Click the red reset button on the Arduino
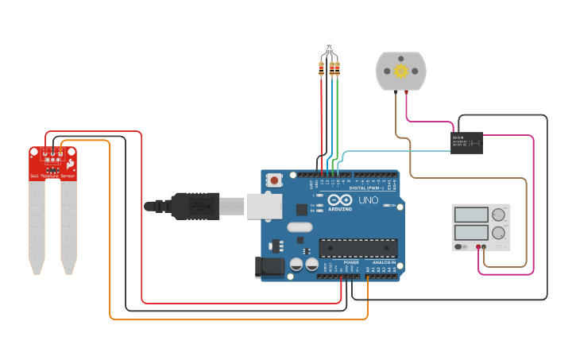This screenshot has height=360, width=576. (274, 180)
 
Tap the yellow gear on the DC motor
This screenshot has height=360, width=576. (400, 72)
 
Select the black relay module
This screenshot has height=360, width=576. (466, 143)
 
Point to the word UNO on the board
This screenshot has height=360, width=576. (369, 200)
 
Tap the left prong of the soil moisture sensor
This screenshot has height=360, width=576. (37, 226)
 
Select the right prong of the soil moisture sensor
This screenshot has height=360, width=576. (69, 226)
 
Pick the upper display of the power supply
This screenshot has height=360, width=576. (471, 215)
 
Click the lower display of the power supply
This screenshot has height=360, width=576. (471, 233)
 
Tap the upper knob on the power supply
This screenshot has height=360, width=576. (498, 215)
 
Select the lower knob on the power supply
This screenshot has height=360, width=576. (498, 233)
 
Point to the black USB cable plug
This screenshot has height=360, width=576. (193, 206)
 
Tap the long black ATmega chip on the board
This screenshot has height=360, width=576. (358, 248)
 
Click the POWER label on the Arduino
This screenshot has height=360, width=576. (351, 262)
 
